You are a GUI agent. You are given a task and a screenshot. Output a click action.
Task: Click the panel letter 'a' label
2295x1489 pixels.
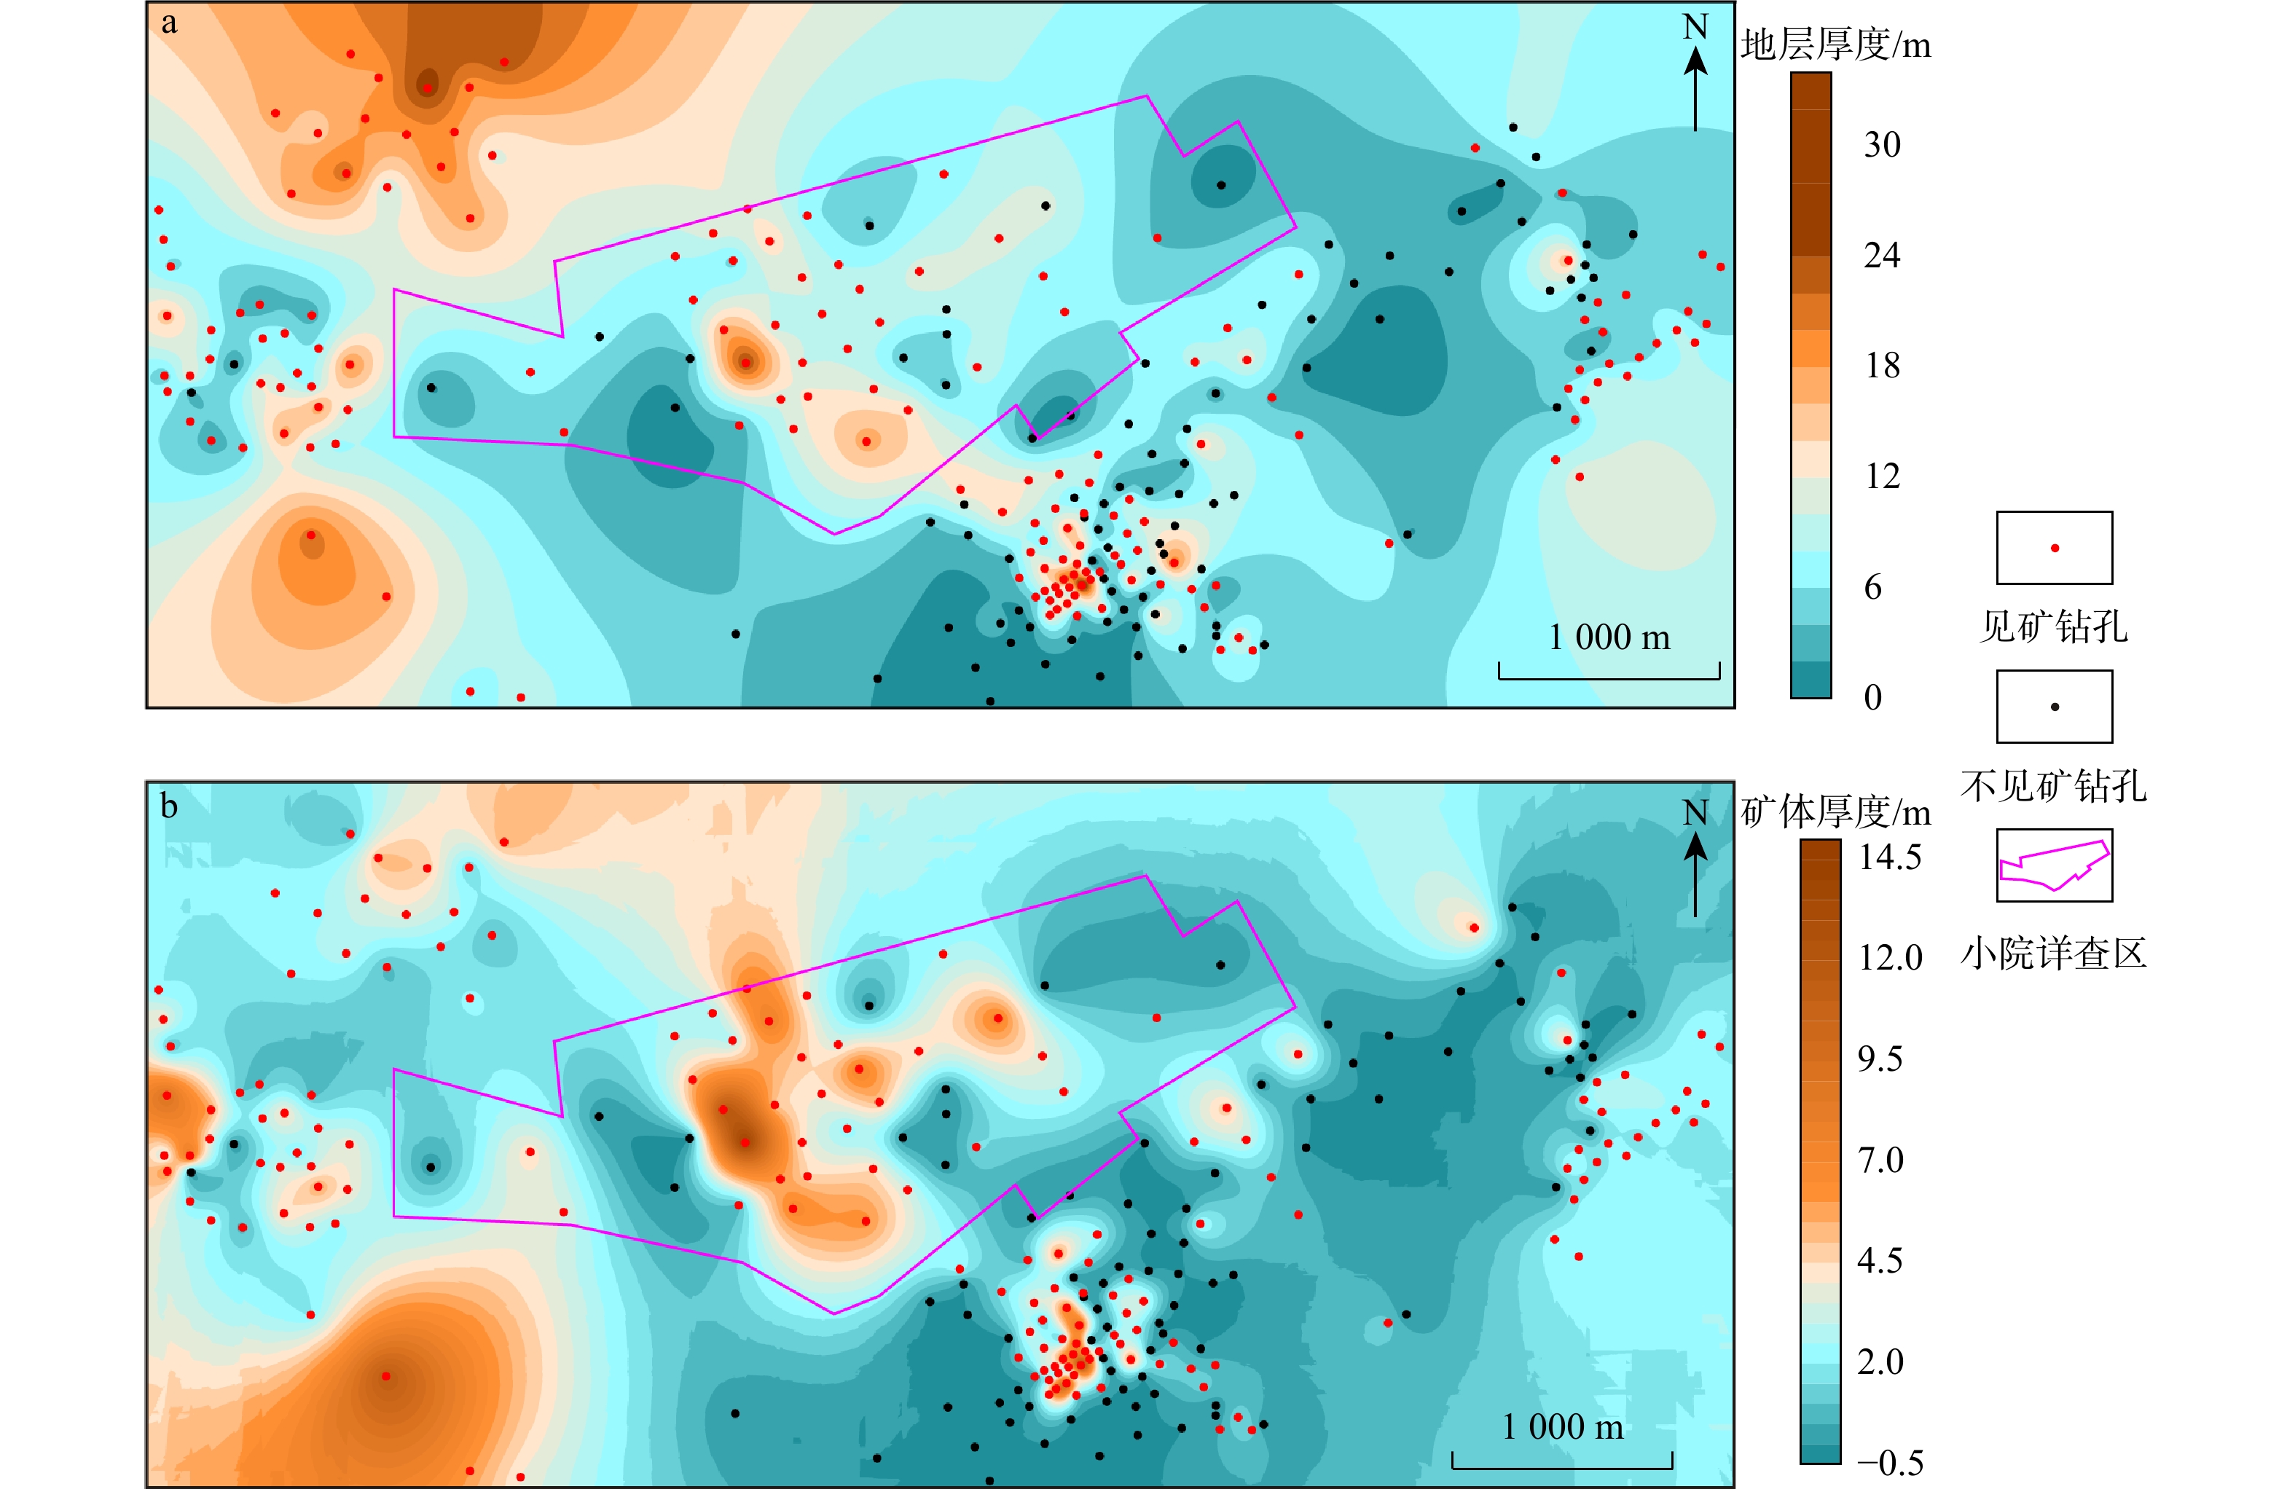[x=170, y=23]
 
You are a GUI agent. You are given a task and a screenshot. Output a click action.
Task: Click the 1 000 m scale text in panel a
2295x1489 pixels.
[x=1609, y=637]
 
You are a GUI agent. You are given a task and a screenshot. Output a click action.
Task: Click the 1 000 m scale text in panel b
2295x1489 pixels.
[x=1562, y=1426]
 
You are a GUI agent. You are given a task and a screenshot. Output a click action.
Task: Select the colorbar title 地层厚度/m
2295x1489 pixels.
[x=1835, y=44]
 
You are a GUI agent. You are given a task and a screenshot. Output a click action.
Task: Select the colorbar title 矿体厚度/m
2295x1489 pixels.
[x=1835, y=812]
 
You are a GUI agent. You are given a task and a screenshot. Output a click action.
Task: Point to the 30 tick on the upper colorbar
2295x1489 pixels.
[x=1881, y=145]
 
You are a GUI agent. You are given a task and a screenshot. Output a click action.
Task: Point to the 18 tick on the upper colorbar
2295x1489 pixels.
[x=1881, y=366]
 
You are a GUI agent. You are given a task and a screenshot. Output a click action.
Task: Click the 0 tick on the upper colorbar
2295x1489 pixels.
[x=1872, y=697]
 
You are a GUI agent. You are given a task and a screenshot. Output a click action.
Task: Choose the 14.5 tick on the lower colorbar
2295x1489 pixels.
[x=1889, y=857]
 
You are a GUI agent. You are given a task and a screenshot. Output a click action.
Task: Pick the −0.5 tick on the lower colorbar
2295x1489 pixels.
[x=1889, y=1463]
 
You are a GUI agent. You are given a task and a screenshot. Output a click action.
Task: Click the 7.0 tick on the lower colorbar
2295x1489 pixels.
[x=1880, y=1159]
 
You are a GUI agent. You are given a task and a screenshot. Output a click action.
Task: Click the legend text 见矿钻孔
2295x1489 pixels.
[x=2053, y=626]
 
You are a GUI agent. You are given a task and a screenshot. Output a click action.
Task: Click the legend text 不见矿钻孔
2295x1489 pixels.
[x=2053, y=786]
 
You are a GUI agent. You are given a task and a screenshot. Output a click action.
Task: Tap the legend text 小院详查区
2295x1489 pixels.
[x=2053, y=954]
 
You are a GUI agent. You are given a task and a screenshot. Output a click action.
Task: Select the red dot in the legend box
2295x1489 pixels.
[x=2055, y=548]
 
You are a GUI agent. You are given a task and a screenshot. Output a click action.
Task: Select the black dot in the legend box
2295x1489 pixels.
[x=2055, y=707]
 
